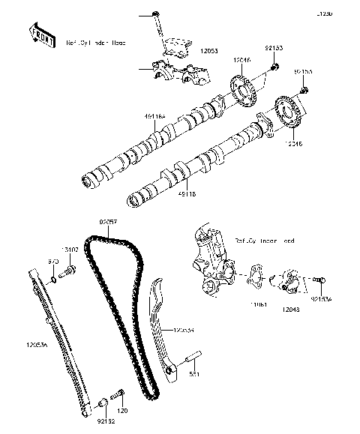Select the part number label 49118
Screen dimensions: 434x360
(187, 193)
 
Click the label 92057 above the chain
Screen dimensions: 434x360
(109, 223)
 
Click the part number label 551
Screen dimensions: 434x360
(193, 373)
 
